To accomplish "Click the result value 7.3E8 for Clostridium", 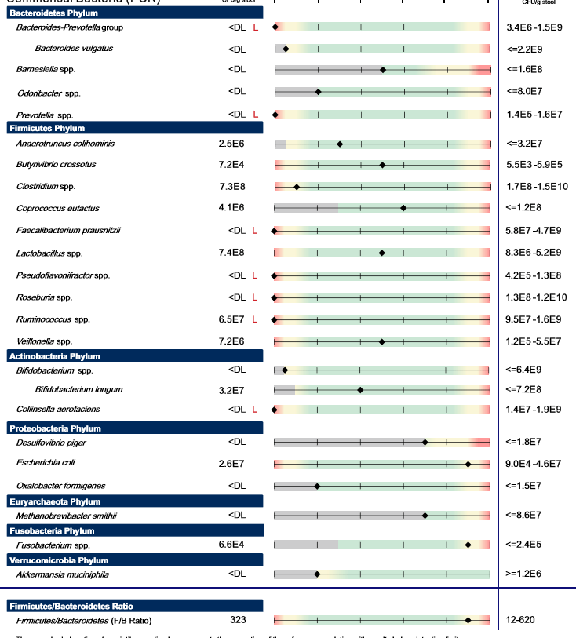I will pyautogui.click(x=232, y=187).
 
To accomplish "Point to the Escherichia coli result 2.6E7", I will pyautogui.click(x=232, y=464).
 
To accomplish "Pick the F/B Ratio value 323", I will pyautogui.click(x=238, y=620).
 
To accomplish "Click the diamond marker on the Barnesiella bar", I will pyautogui.click(x=383, y=70).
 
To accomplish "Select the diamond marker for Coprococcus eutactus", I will pyautogui.click(x=403, y=208).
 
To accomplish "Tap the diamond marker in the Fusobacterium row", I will pyautogui.click(x=468, y=544).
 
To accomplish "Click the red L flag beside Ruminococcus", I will pyautogui.click(x=255, y=319).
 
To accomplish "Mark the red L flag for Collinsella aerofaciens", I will pyautogui.click(x=255, y=409).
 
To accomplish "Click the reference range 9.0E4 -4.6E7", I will pyautogui.click(x=534, y=464).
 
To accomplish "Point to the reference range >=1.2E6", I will pyautogui.click(x=526, y=574).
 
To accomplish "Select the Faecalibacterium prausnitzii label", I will pyautogui.click(x=68, y=231).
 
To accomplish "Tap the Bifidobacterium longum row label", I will pyautogui.click(x=78, y=389).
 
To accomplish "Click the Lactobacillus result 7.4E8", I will pyautogui.click(x=232, y=253).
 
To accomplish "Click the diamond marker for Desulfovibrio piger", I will pyautogui.click(x=425, y=442).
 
